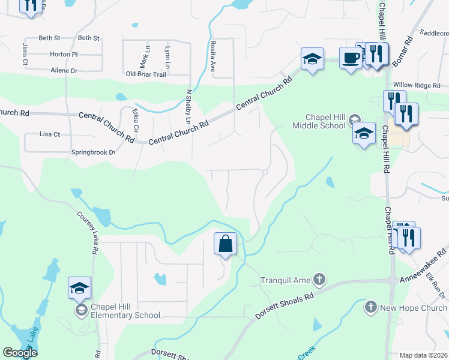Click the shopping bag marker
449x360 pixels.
[x=225, y=245]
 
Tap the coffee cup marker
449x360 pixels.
[x=351, y=58]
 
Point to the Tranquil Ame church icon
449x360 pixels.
[x=320, y=279]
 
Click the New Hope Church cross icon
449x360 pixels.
[x=370, y=307]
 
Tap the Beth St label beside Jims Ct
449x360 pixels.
[x=50, y=38]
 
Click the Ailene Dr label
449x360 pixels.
[x=64, y=71]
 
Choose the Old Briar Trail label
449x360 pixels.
[x=145, y=74]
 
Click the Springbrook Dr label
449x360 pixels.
[x=93, y=152]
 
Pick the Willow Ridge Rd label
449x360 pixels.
[x=416, y=86]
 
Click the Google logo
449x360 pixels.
[x=20, y=353]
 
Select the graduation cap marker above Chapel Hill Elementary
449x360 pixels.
[x=80, y=289]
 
